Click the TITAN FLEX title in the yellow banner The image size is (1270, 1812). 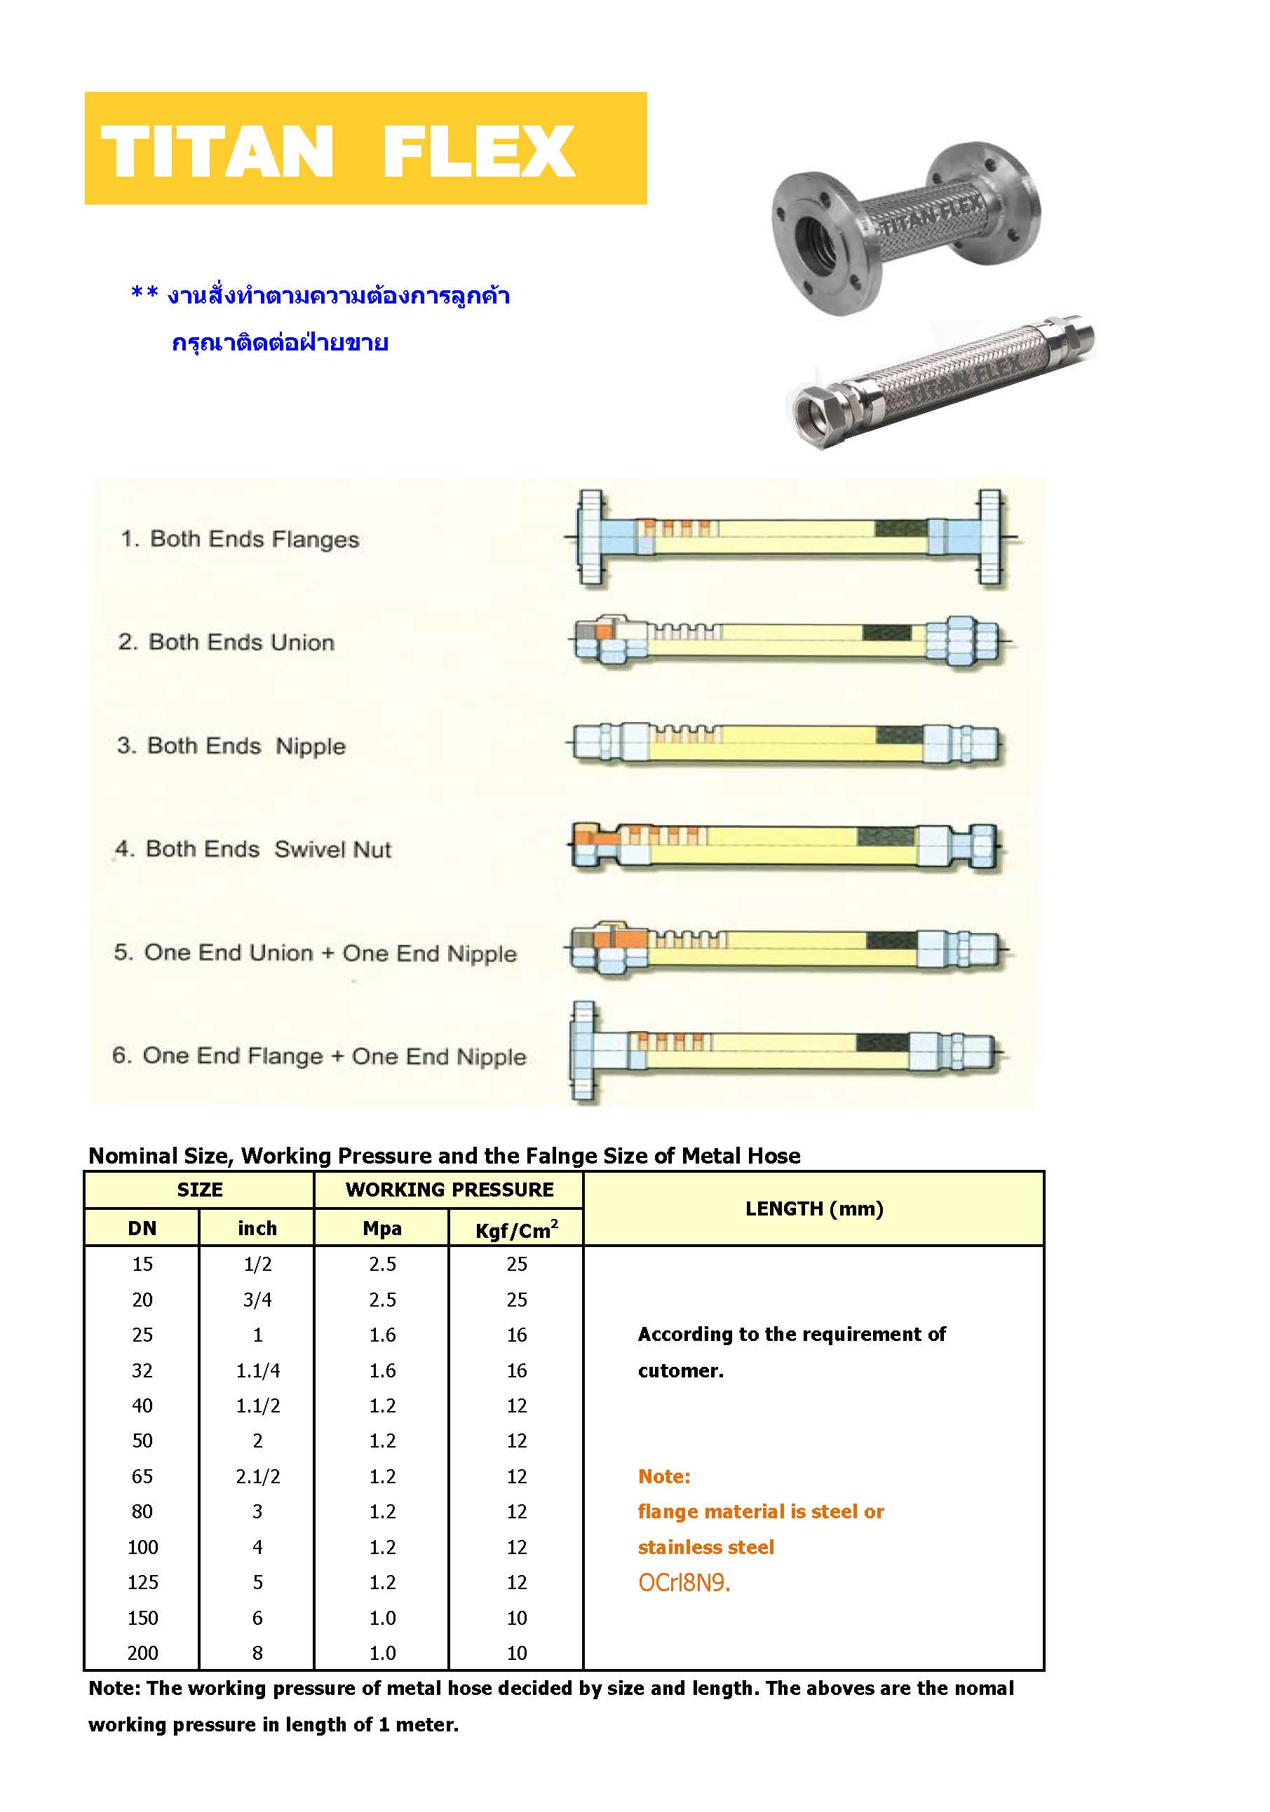point(337,151)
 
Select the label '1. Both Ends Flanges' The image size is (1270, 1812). point(240,539)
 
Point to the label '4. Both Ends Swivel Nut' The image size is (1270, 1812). point(253,849)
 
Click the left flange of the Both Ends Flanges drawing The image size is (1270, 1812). point(590,538)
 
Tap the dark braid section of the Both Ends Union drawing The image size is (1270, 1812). point(886,633)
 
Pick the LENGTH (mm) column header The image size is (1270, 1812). point(813,1208)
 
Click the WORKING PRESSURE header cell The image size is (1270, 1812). point(449,1190)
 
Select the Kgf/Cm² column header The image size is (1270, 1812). point(516,1229)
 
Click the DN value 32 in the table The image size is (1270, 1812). point(142,1370)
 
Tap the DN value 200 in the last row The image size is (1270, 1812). point(143,1653)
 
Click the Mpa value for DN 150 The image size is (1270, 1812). point(382,1618)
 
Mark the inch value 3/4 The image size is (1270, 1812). point(257,1300)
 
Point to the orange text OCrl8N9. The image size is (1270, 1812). point(684,1582)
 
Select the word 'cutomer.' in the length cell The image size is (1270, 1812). point(680,1370)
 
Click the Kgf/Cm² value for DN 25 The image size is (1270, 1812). point(516,1335)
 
